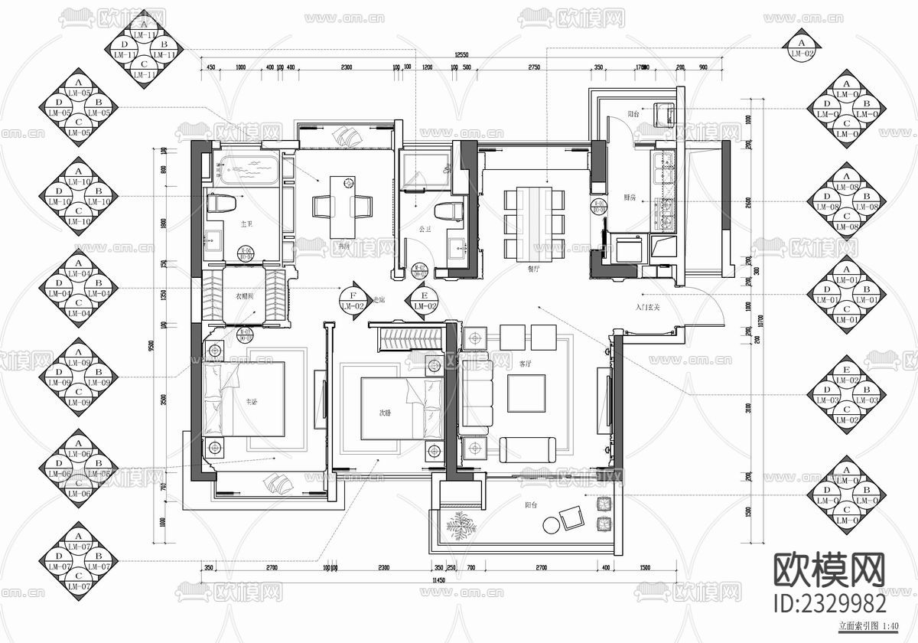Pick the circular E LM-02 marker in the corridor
pos(424,300)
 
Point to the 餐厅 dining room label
pos(534,269)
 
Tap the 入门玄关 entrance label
pos(648,306)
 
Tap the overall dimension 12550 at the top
pos(461,55)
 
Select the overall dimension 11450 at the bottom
pos(438,580)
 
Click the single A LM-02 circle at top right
pos(802,47)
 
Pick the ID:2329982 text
pos(831,602)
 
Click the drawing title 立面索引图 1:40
pos(868,626)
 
